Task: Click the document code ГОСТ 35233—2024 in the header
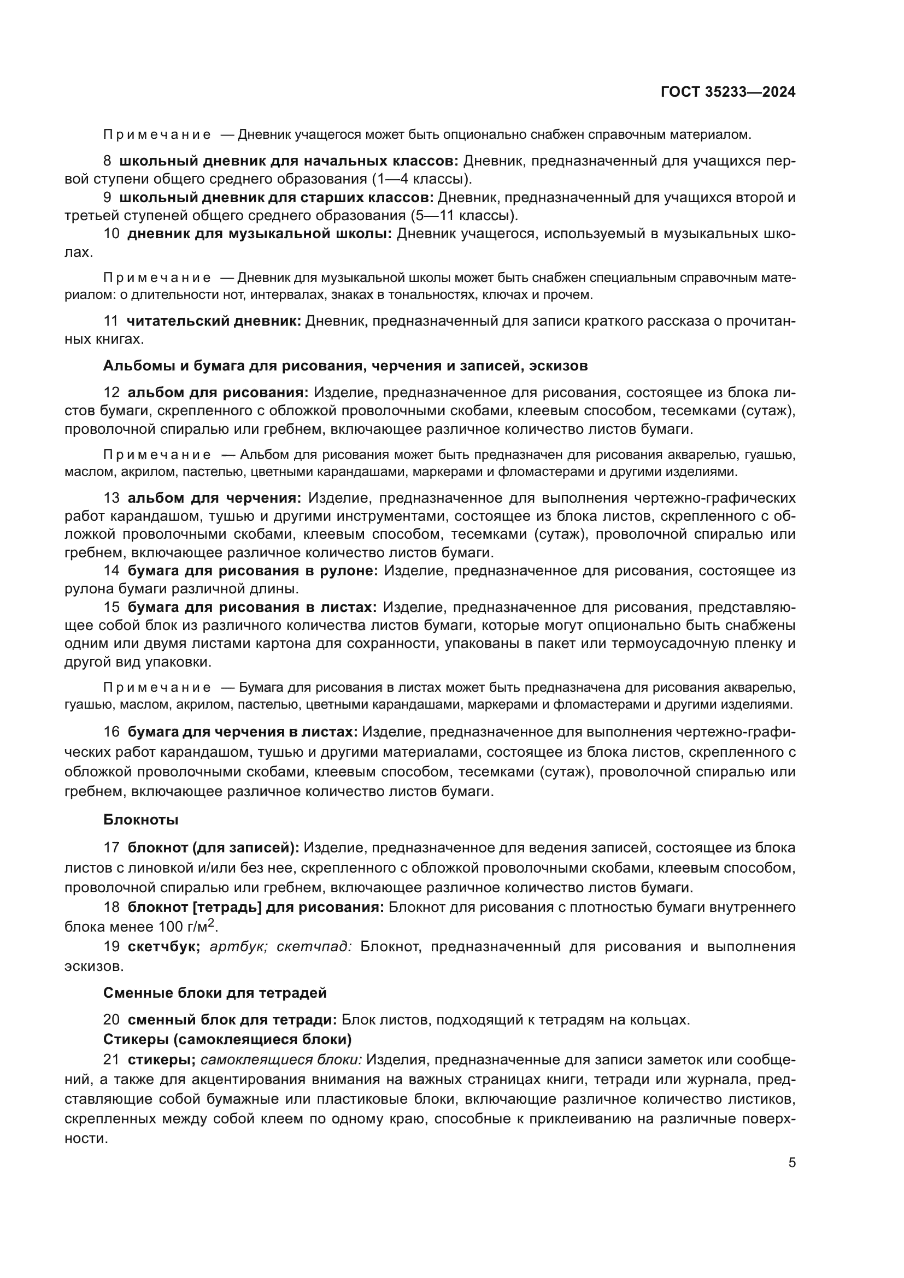[727, 92]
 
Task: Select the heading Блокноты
[140, 820]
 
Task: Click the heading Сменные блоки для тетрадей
[215, 993]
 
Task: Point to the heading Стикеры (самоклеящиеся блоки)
[227, 1039]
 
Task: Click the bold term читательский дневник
[214, 321]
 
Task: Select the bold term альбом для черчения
[215, 498]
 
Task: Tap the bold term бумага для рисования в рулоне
[253, 570]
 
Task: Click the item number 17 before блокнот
[111, 848]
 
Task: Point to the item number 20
[111, 1020]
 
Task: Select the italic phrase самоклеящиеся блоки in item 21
[280, 1060]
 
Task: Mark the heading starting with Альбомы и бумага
[345, 366]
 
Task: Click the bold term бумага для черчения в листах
[243, 732]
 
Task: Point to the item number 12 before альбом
[111, 393]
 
